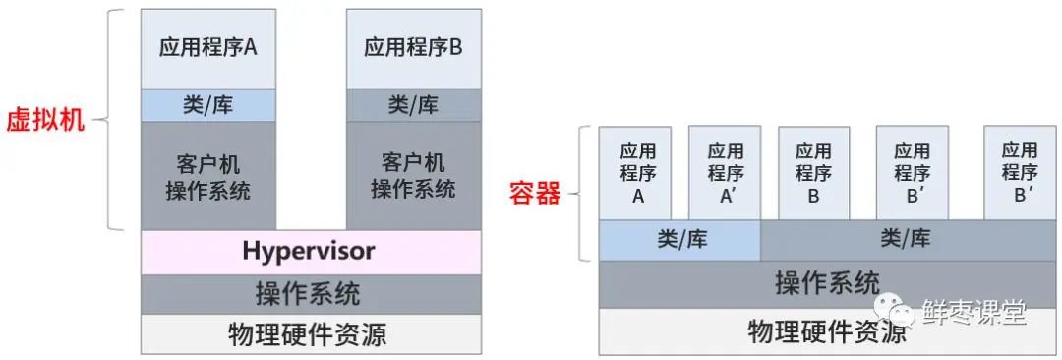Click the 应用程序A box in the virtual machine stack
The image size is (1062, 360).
tap(208, 48)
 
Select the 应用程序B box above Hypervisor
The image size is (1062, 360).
tap(413, 48)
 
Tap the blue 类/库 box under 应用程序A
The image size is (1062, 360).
tap(208, 105)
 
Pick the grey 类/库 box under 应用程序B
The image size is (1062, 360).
tap(413, 105)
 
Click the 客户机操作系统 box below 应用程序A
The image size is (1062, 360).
tap(208, 176)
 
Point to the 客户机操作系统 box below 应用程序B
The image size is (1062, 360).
tap(413, 176)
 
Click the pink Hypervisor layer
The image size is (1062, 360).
tap(311, 252)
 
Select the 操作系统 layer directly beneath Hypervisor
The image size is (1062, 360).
tap(311, 293)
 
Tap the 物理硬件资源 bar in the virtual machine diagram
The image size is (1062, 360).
tap(311, 334)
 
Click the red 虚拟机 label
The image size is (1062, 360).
tap(45, 122)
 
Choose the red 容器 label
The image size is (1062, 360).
tap(534, 193)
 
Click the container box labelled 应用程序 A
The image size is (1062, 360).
tap(637, 172)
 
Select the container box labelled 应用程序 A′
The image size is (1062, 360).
tap(726, 172)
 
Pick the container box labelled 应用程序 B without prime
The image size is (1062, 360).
tap(813, 172)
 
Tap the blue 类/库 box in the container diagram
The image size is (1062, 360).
tap(679, 239)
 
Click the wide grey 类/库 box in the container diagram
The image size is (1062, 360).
tap(905, 239)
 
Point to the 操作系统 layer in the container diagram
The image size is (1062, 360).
tap(826, 283)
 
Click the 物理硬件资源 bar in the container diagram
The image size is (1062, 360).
tap(826, 331)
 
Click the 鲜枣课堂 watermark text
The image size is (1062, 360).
tap(974, 313)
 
